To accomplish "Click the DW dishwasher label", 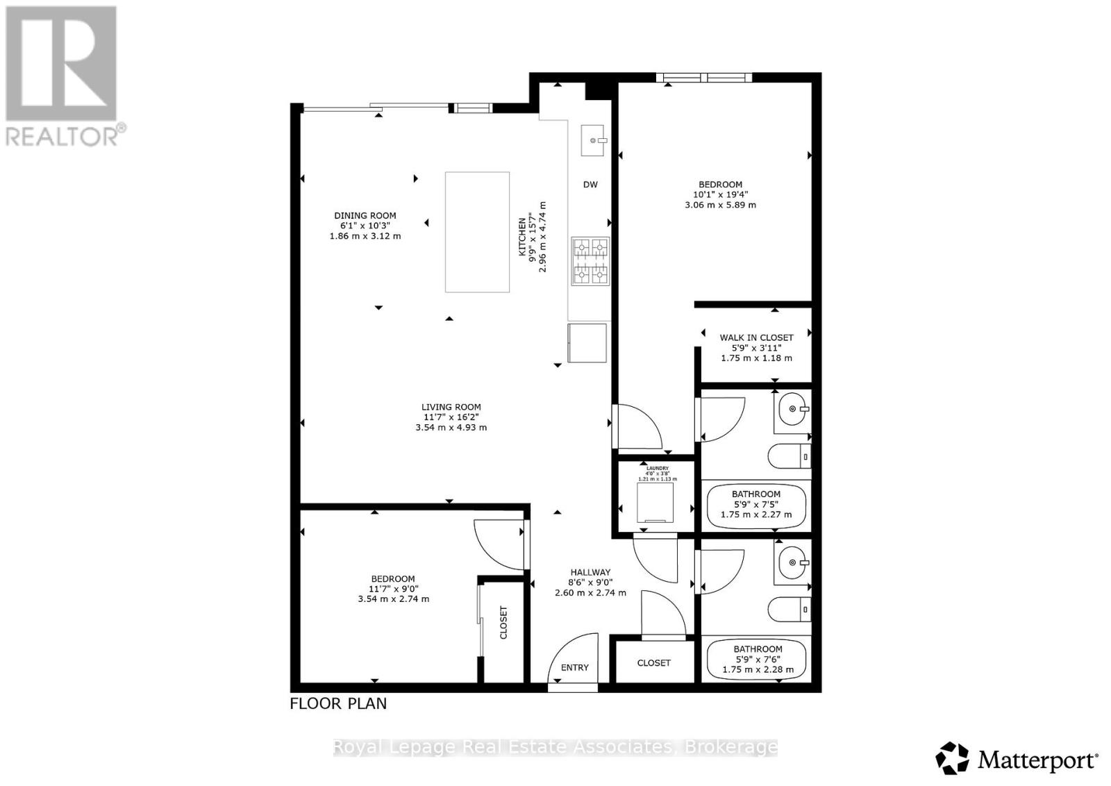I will pos(590,185).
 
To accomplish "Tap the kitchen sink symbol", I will pos(592,140).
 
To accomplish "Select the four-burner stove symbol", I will pos(590,261).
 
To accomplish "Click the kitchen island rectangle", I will pos(477,232).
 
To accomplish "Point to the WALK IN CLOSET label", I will pos(756,337).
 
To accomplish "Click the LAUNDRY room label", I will pos(657,469).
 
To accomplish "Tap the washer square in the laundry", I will pos(655,502).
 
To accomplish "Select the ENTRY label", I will pos(574,667).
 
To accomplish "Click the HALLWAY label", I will pos(590,572).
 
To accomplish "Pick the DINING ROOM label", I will pos(365,216).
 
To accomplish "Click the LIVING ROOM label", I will pos(451,408).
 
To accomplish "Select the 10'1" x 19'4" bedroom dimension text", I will pos(720,195).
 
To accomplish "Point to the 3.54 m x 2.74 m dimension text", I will pos(393,599).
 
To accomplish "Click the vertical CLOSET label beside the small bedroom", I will pos(503,623).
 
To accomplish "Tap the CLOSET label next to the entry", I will pos(653,663).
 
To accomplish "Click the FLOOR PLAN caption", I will pos(338,703).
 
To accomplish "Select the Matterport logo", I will pos(1017,759).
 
